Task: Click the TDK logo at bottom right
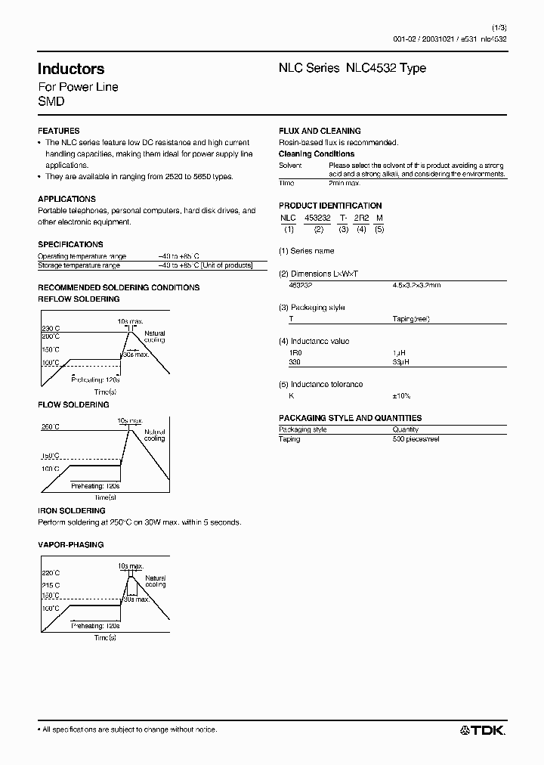pos(483,729)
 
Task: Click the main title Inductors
pos(71,70)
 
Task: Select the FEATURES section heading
pos(58,131)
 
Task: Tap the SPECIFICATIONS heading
pos(70,244)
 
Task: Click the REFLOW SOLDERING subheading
pos(79,299)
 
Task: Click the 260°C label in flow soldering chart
pos(51,427)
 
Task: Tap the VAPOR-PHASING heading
pos(70,544)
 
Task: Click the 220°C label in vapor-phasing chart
pos(51,574)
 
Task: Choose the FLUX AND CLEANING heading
pos(320,131)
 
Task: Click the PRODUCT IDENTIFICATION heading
pos(330,206)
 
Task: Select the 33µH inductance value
pos(400,362)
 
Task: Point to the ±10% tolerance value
pos(400,396)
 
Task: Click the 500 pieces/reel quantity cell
pos(417,439)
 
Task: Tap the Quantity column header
pos(406,429)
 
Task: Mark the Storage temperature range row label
pos(79,265)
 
